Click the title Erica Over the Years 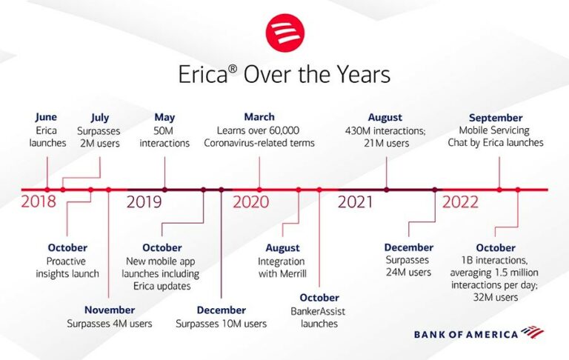coord(284,76)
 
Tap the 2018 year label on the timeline coord(39,202)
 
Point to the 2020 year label coord(251,202)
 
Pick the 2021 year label coord(356,202)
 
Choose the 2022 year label coord(461,202)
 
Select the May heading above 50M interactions coord(164,117)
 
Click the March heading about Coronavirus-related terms coord(259,117)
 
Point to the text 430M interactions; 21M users coord(385,137)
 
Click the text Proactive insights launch coord(67,267)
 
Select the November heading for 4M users coord(109,310)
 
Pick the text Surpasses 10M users coord(222,324)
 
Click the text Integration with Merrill coord(282,267)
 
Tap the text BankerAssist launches coord(319,317)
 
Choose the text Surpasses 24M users coord(408,267)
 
